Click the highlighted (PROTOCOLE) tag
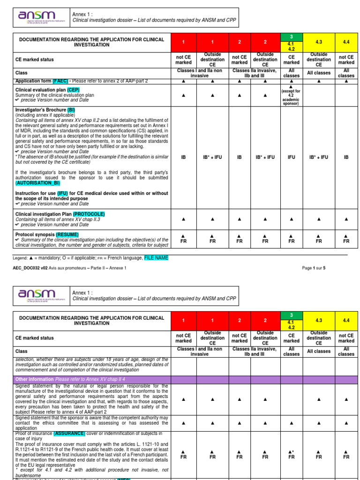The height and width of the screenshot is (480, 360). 89,214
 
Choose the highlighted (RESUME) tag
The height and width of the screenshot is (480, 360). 67,234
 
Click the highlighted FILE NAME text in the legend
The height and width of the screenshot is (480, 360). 156,258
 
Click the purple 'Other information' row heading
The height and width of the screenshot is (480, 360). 34,379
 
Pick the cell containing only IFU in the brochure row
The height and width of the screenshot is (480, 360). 291,157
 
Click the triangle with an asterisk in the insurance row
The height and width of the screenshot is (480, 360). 291,451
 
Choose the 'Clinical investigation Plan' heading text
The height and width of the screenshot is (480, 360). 44,214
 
